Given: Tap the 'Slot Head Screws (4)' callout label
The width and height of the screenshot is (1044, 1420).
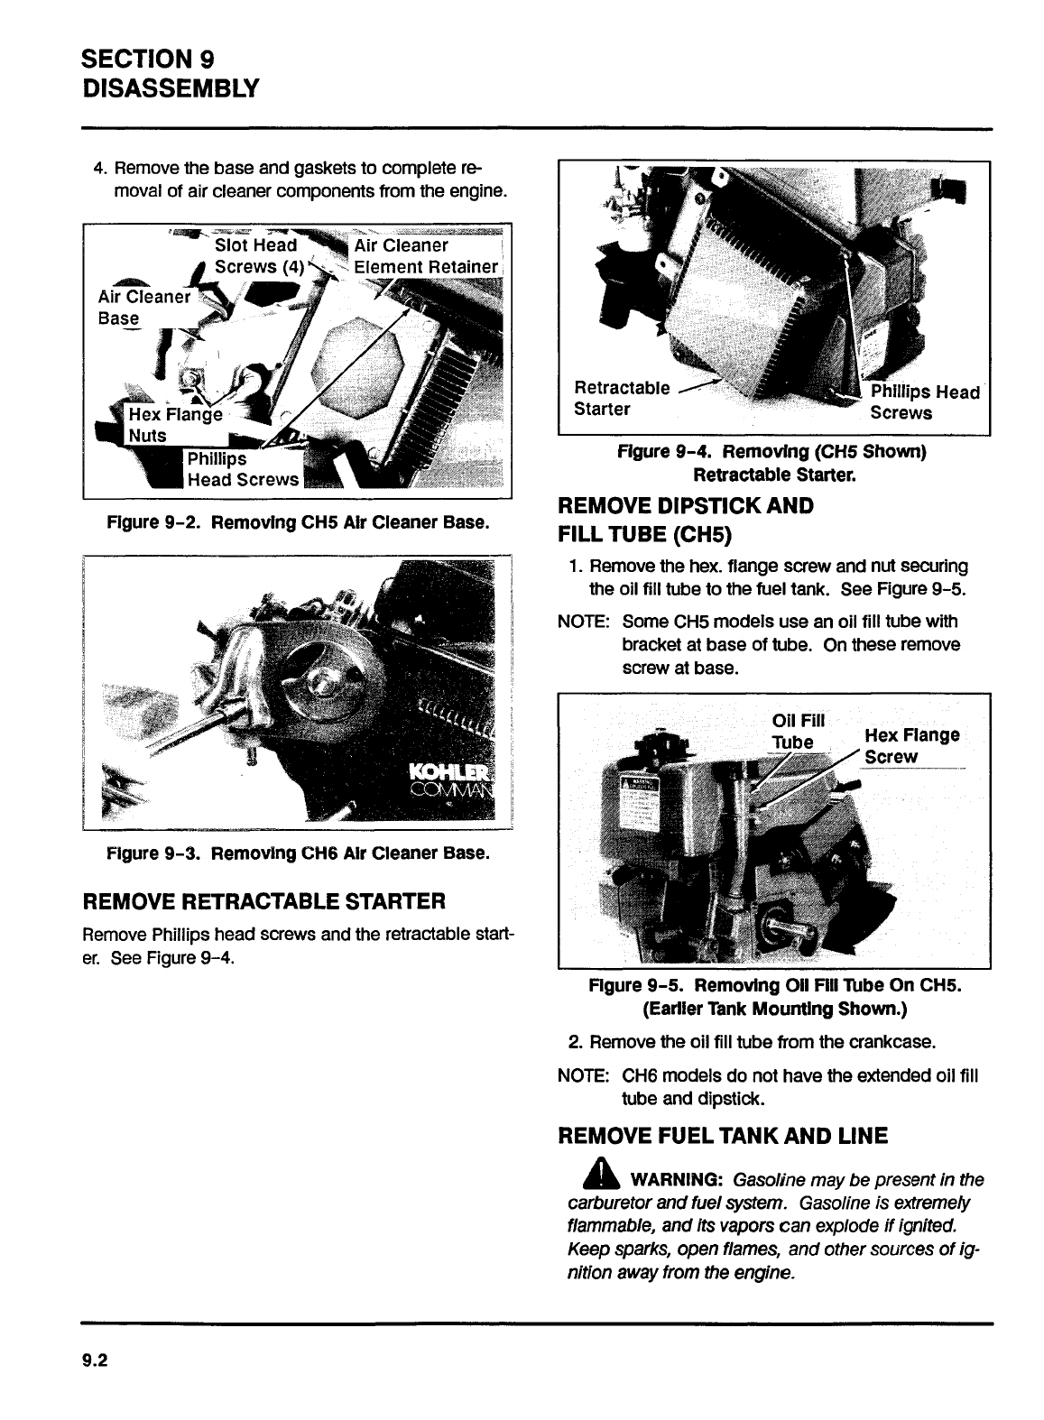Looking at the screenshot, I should [x=256, y=256].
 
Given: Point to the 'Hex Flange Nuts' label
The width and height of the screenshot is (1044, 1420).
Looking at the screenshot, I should [x=174, y=425].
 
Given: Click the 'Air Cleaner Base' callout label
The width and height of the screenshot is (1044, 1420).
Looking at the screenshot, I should [x=143, y=308].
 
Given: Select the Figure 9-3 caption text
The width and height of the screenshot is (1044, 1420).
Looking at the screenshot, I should [x=298, y=853].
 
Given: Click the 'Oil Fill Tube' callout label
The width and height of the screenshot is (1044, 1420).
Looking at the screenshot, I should [x=797, y=731].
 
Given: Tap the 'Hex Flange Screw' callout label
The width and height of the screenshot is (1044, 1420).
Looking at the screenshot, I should [x=910, y=745].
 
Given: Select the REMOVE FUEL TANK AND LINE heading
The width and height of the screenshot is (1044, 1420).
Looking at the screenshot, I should [x=723, y=1136].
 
